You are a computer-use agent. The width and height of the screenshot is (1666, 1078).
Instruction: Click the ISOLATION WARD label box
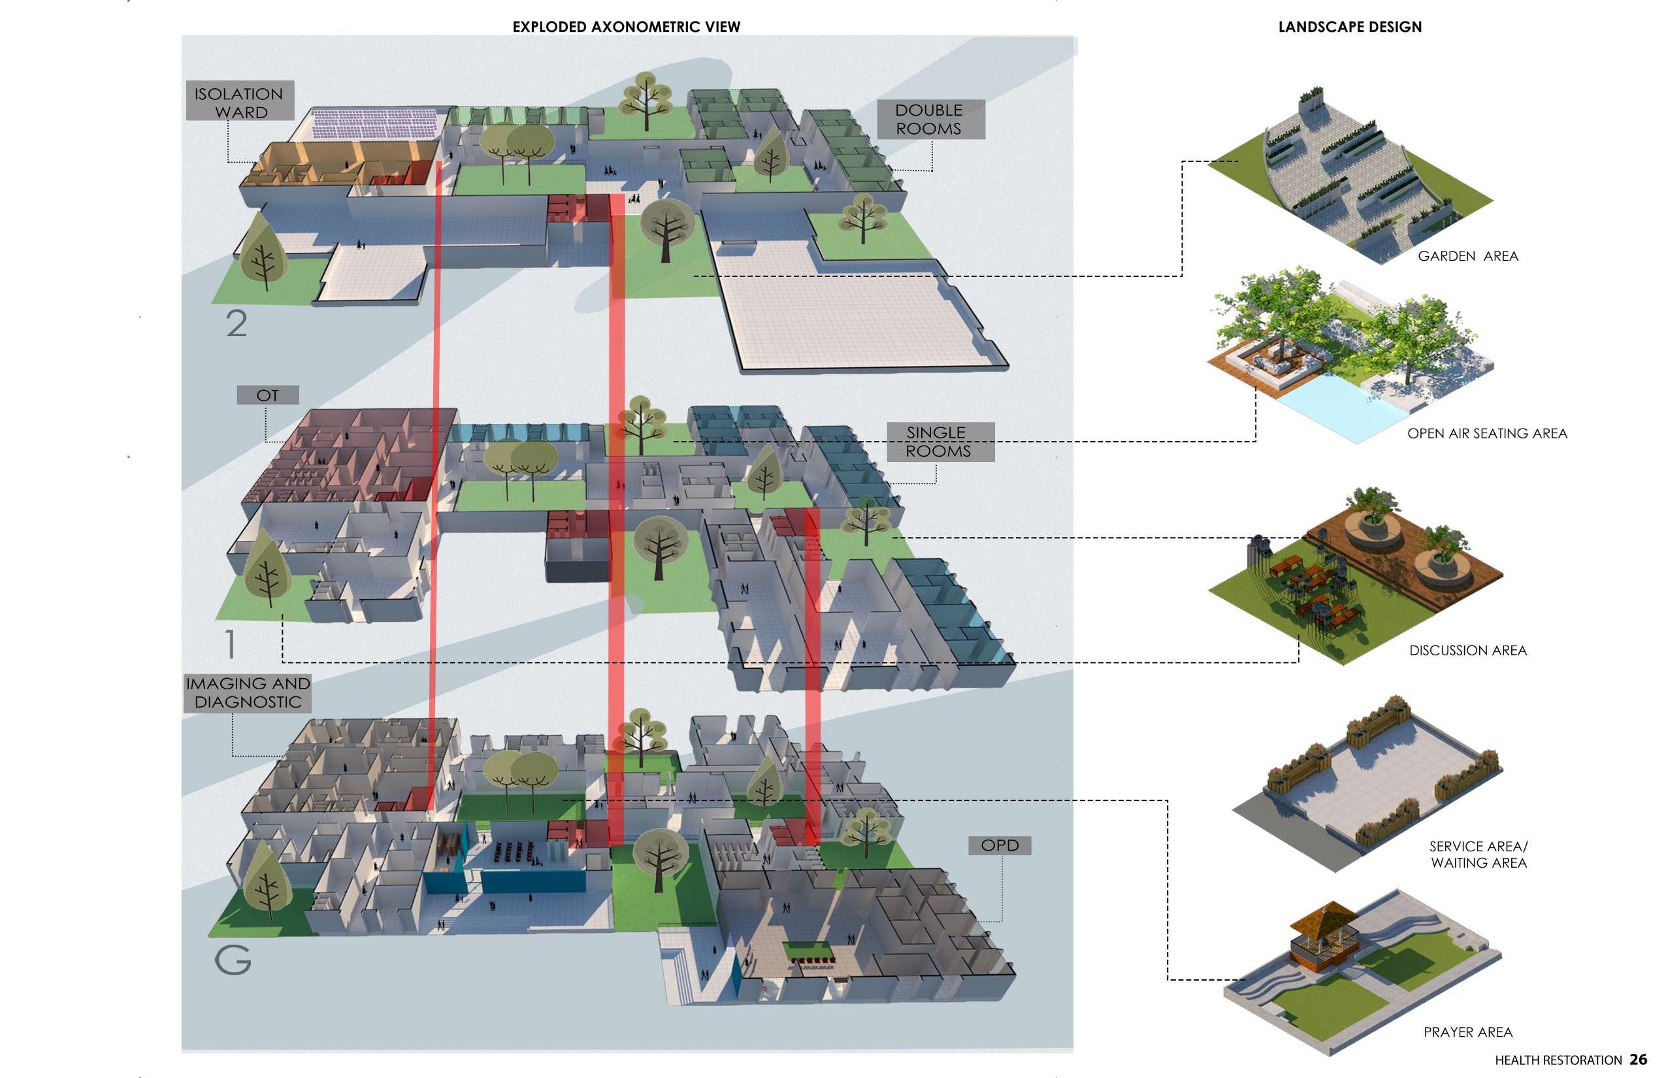239,102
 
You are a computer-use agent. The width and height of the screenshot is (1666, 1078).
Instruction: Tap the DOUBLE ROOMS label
930,119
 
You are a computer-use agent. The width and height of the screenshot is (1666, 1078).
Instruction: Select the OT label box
267,395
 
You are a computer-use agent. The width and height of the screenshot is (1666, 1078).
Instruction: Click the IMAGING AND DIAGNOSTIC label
248,693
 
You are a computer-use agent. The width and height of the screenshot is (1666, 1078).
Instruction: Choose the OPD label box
999,845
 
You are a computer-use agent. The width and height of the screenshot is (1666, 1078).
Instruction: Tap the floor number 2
237,323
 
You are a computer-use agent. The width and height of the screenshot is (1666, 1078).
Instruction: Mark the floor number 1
230,644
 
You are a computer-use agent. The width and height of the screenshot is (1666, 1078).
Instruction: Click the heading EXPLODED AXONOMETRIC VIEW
626,27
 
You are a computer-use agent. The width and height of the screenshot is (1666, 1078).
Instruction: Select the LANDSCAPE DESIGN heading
1349,27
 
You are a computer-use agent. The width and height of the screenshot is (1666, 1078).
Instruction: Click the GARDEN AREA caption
1467,256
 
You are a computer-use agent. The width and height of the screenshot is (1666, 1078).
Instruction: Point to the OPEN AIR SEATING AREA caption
1486,433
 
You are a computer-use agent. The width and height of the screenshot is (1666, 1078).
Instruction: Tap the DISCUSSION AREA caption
1467,650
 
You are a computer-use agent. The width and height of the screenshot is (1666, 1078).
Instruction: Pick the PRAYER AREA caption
1467,1032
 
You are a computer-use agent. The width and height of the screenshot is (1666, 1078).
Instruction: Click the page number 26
1638,1060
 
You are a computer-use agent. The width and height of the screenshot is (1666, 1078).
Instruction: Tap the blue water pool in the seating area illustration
1323,406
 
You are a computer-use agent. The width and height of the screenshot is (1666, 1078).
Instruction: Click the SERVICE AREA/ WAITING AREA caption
1478,854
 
